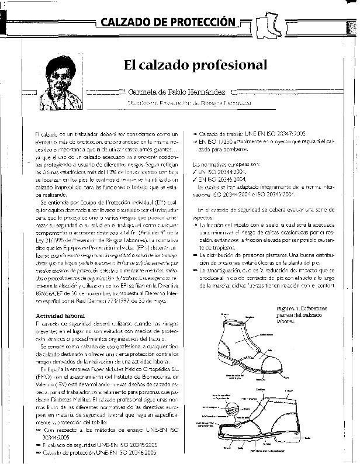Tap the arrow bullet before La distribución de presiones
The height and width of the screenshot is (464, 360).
[195, 255]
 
